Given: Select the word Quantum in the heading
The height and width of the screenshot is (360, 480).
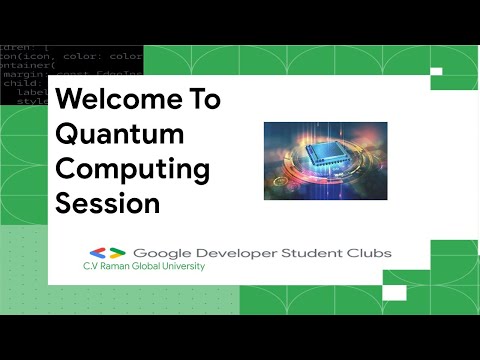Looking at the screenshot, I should (x=118, y=134).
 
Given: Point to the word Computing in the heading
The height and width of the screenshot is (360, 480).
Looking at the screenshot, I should (x=132, y=168).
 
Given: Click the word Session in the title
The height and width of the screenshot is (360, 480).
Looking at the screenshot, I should (x=108, y=203).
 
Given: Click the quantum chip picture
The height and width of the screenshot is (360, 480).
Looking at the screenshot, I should (x=325, y=160).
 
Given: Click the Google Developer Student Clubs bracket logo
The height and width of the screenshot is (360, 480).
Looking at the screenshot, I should (x=106, y=253).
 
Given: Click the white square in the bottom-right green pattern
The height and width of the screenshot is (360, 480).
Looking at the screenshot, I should (x=396, y=293).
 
